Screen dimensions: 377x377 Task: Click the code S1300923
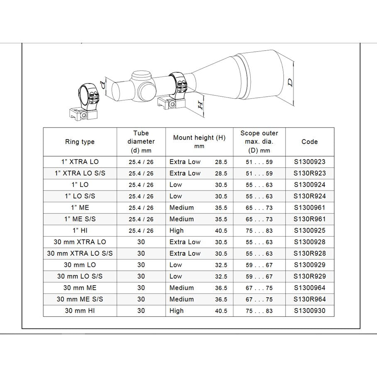[x=309, y=162]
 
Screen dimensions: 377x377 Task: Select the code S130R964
[x=309, y=299]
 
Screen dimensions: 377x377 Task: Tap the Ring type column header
[x=80, y=142]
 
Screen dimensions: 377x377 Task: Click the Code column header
[x=309, y=142]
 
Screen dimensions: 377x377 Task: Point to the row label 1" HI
[x=80, y=230]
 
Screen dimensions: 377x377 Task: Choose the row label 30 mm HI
[x=80, y=311]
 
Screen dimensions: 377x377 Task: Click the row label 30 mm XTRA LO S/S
[x=80, y=253]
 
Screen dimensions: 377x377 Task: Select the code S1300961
[x=309, y=208]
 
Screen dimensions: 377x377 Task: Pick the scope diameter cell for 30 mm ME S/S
[x=259, y=299]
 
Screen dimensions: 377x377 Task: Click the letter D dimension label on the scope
[x=290, y=82]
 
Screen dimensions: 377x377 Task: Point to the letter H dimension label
[x=200, y=104]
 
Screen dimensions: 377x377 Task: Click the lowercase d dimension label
[x=103, y=85]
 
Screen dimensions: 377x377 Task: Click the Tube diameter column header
[x=141, y=142]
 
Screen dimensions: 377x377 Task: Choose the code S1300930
[x=309, y=311]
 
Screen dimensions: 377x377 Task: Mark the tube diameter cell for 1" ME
[x=141, y=208]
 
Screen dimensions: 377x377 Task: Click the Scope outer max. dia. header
[x=259, y=142]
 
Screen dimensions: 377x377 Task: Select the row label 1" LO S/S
[x=80, y=196]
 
